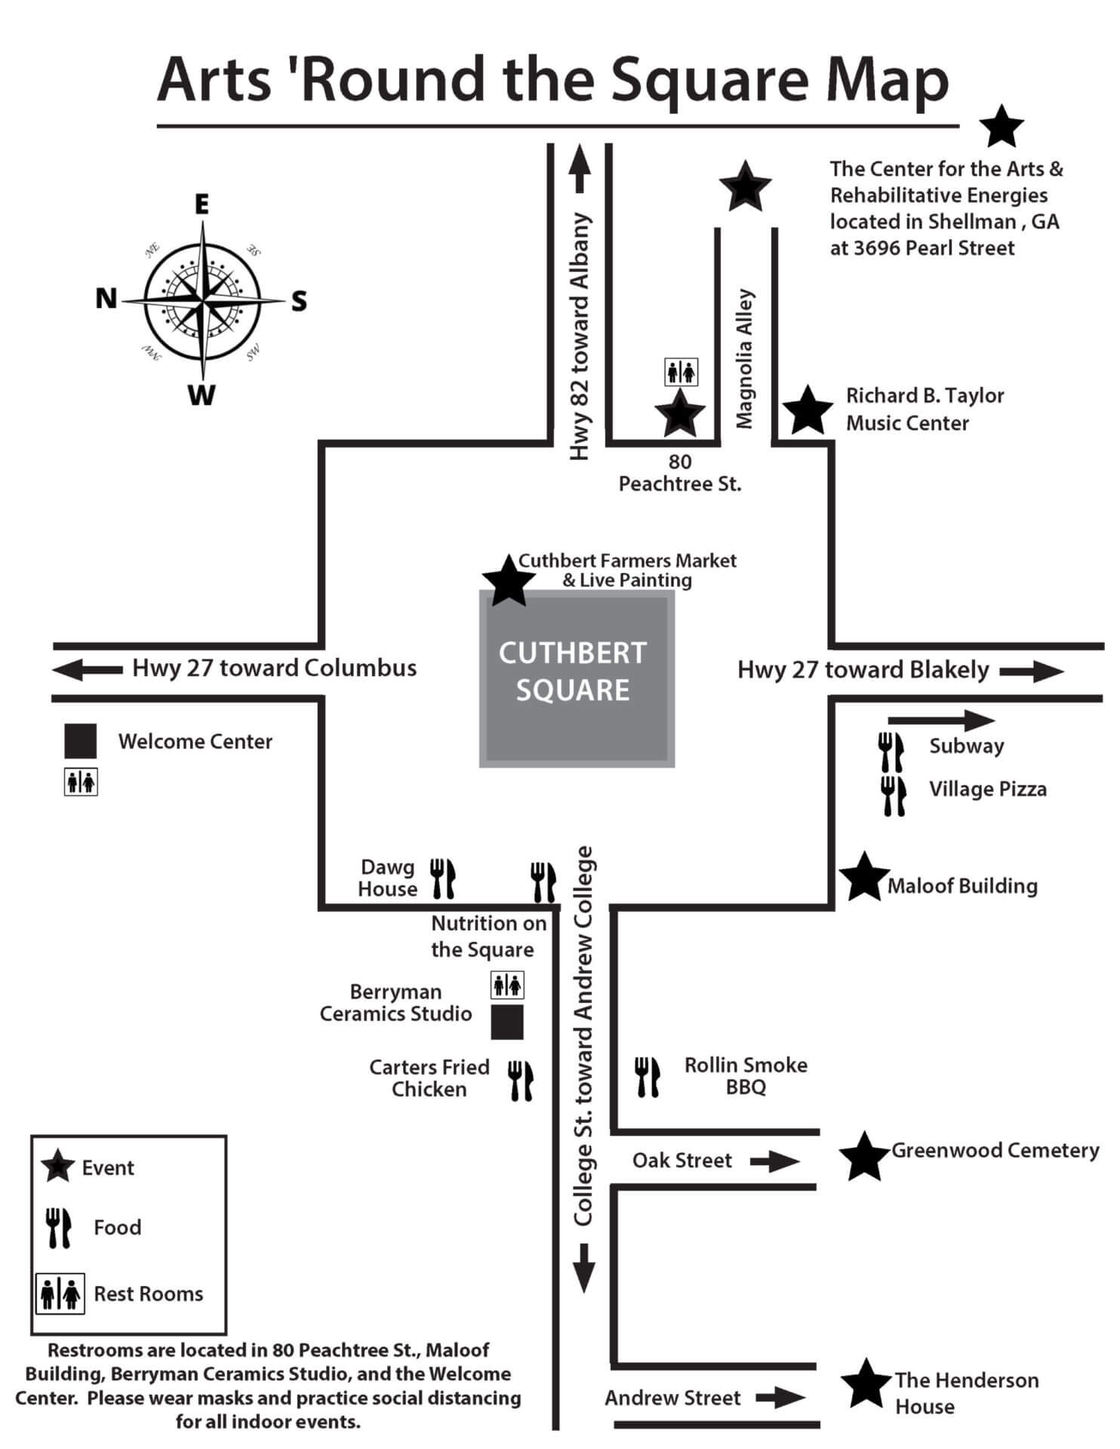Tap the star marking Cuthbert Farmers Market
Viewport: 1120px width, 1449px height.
[508, 580]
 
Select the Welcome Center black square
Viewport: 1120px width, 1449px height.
[80, 740]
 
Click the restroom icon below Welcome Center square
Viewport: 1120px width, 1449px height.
[81, 783]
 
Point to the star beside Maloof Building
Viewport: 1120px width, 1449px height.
[863, 878]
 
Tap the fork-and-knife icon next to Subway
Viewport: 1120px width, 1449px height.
[891, 752]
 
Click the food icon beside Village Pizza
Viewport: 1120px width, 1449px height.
[893, 795]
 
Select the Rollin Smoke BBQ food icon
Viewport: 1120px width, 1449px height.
[647, 1076]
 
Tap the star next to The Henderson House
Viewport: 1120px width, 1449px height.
[865, 1383]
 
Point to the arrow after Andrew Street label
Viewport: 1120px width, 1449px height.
[780, 1398]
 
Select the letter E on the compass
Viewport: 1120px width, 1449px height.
[202, 205]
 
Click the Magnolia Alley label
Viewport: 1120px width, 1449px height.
[745, 358]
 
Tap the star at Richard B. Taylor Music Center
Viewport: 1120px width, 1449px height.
[808, 411]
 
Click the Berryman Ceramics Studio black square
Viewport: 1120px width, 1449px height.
[507, 1022]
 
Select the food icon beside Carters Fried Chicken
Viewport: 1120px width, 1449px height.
[520, 1080]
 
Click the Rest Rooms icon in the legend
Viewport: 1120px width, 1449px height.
[60, 1294]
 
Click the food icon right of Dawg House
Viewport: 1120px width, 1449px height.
[442, 878]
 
